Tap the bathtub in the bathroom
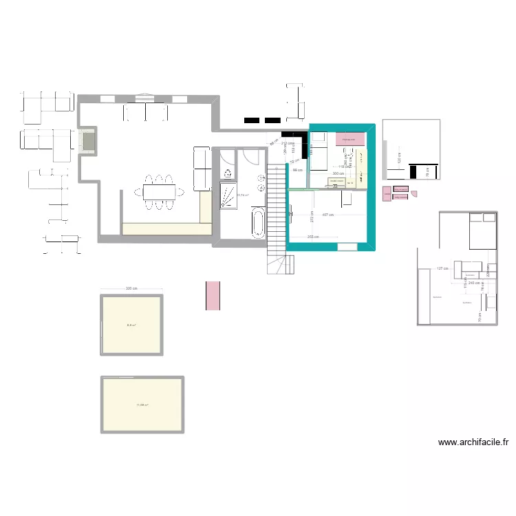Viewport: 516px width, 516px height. [257, 224]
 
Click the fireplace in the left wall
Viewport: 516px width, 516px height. [87, 141]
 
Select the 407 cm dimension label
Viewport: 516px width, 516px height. [327, 215]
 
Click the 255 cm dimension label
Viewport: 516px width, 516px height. [313, 237]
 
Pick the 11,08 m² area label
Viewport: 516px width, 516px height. [142, 405]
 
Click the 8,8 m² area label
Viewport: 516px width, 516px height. [131, 325]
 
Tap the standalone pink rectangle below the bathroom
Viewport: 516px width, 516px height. [213, 295]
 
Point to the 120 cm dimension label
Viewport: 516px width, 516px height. [398, 158]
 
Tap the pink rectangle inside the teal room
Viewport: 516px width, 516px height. [350, 140]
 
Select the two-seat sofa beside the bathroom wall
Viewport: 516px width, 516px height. [203, 169]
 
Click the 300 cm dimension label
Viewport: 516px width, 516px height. [338, 173]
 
